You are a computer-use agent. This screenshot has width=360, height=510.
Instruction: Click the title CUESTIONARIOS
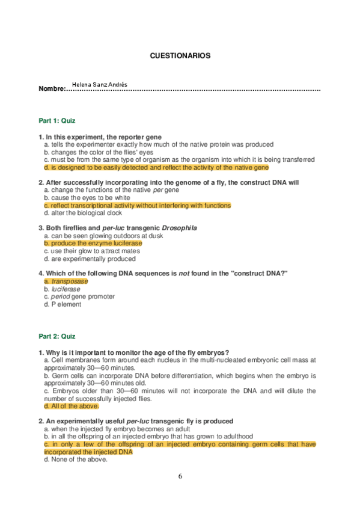point(180,55)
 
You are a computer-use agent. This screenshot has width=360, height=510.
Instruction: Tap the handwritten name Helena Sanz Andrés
point(99,85)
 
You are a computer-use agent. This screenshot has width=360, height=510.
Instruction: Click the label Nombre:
point(52,89)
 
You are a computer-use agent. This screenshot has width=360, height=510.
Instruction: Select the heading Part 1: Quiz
point(57,121)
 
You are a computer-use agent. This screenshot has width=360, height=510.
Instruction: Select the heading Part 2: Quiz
point(57,336)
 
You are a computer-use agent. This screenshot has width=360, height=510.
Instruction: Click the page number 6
point(180,476)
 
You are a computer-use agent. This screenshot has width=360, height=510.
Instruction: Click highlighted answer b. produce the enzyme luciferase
point(93,244)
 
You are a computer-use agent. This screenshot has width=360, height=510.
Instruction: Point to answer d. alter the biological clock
point(83,213)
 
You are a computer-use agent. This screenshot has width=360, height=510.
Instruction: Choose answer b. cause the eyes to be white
point(87,198)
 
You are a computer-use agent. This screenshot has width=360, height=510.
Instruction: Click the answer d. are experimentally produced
point(90,259)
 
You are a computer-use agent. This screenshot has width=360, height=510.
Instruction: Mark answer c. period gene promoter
point(79,296)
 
